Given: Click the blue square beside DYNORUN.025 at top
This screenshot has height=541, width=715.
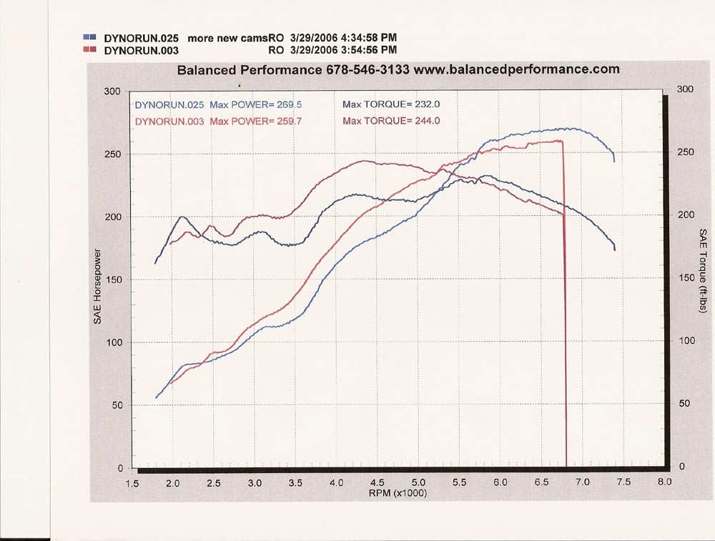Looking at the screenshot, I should click(x=89, y=36).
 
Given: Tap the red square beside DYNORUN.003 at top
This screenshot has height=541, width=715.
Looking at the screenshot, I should click(x=89, y=50).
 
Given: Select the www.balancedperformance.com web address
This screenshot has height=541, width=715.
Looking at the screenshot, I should click(x=517, y=70).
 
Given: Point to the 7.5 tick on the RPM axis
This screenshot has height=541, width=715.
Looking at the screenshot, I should click(x=623, y=483).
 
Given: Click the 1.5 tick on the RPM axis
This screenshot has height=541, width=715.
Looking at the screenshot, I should click(x=132, y=483).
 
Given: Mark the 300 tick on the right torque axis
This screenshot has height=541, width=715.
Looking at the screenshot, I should click(x=685, y=89).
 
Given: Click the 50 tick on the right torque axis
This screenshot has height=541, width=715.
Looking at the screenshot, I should click(x=685, y=404).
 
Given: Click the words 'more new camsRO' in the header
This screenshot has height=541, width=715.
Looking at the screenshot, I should click(x=230, y=36).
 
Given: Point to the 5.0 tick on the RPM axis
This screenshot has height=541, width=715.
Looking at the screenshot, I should click(x=419, y=483).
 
